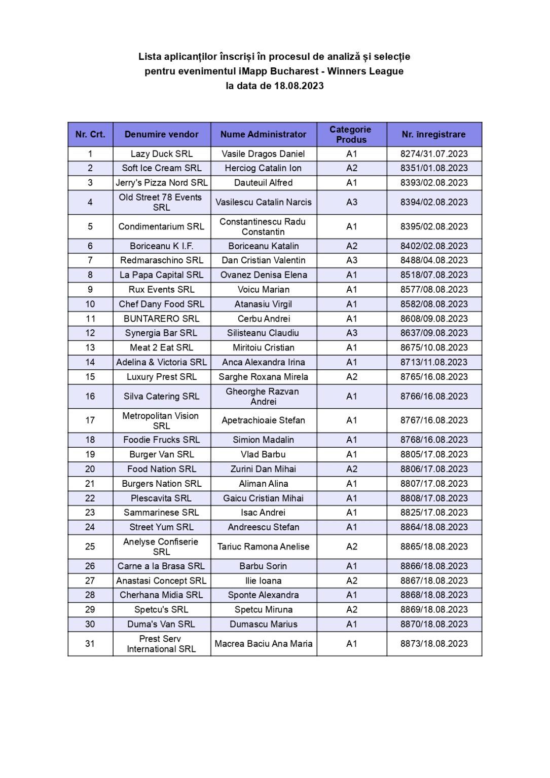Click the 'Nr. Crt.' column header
pos(90,134)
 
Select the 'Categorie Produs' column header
pos(351,134)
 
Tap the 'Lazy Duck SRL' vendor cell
pos(162,153)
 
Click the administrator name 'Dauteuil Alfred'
pos(263,182)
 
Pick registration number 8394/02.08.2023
pos(434,202)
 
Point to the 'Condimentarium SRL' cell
pos(161,226)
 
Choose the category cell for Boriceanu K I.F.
pos(352,246)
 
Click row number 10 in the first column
pos(90,304)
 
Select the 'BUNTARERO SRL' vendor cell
pos(162,319)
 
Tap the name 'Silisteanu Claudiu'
pos(263,333)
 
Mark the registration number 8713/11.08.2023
pos(434,362)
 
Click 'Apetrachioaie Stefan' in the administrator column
pos(263,420)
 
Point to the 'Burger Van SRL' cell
pos(162,454)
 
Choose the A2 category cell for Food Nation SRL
pos(352,469)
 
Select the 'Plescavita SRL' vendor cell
pos(161,498)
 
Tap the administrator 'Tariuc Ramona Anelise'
pos(263,547)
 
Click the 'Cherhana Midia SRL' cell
pos(161,595)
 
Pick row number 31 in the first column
pos(90,643)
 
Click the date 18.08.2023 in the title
pos(299,86)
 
